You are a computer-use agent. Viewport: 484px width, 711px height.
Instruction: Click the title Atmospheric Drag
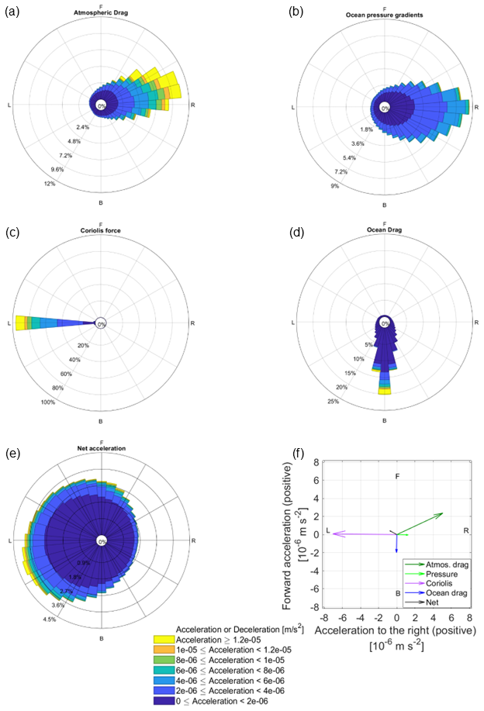(x=101, y=13)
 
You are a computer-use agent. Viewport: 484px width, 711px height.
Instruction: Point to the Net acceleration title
(x=101, y=448)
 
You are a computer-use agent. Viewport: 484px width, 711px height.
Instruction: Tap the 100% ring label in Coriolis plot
(x=48, y=402)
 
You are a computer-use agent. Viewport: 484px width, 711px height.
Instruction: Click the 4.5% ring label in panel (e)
(x=50, y=619)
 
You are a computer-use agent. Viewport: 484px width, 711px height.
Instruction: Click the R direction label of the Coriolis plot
(x=192, y=322)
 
